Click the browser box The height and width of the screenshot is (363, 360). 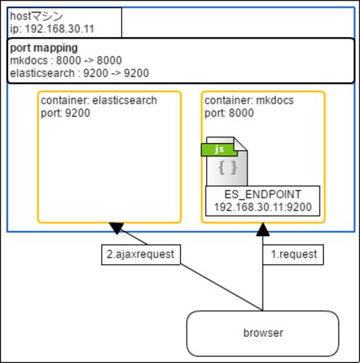pyautogui.click(x=263, y=333)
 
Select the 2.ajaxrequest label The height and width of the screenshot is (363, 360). pyautogui.click(x=141, y=255)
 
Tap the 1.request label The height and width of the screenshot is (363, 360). pyautogui.click(x=293, y=255)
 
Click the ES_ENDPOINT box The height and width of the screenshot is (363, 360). pyautogui.click(x=263, y=201)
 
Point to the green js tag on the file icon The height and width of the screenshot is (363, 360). pyautogui.click(x=219, y=150)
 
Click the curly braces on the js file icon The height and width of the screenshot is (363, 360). pyautogui.click(x=228, y=168)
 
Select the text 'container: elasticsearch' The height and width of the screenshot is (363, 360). pyautogui.click(x=99, y=100)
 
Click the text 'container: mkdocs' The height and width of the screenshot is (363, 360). pyautogui.click(x=249, y=100)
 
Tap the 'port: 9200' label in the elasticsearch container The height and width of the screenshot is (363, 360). pyautogui.click(x=65, y=113)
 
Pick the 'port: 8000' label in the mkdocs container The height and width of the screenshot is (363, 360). pyautogui.click(x=229, y=113)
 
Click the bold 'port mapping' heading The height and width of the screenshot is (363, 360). pyautogui.click(x=44, y=48)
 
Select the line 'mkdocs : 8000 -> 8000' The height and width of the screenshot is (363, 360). pyautogui.click(x=66, y=60)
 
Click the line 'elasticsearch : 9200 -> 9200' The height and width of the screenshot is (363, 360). pyautogui.click(x=79, y=73)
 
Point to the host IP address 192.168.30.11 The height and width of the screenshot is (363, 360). pyautogui.click(x=60, y=29)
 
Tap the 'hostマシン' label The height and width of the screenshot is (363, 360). pyautogui.click(x=36, y=16)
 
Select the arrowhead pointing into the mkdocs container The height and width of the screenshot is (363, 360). pyautogui.click(x=263, y=229)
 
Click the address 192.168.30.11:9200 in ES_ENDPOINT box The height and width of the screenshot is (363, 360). pyautogui.click(x=263, y=207)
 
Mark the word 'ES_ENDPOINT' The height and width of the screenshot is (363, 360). pyautogui.click(x=263, y=195)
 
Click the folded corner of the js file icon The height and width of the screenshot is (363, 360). pyautogui.click(x=240, y=144)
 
